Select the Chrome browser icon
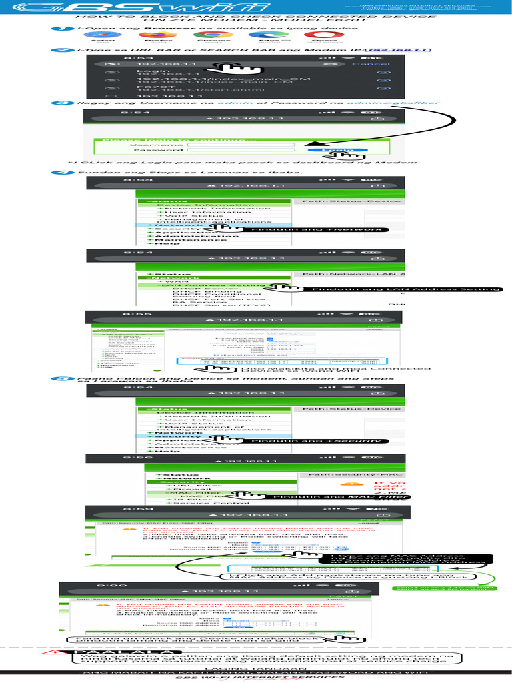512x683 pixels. (209, 35)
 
